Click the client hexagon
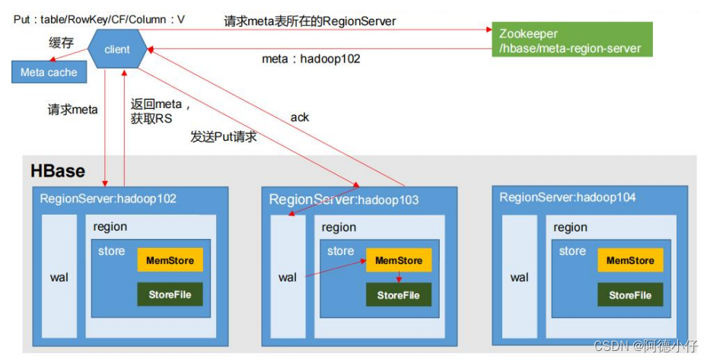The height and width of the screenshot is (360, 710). coord(117,49)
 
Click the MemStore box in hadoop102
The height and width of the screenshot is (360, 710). coord(170,260)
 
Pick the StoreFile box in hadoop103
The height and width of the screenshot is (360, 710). coord(398,295)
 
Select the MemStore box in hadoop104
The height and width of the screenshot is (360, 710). coord(630,260)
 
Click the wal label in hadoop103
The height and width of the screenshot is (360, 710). coord(288,278)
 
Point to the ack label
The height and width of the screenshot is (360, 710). coord(300,117)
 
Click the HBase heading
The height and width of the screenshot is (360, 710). coord(58,170)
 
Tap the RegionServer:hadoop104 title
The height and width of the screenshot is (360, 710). coord(567,197)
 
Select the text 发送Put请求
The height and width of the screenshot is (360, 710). coord(223,137)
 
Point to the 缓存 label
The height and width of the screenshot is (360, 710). coord(61,43)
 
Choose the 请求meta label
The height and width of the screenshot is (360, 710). coord(73,110)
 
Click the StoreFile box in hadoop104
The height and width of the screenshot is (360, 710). coord(630,295)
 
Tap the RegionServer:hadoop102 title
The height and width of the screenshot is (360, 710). coord(108,199)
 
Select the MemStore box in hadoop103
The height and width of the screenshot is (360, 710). coord(398,260)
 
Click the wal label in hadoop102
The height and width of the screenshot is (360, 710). coord(59,278)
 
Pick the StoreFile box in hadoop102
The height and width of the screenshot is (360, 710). coord(170,295)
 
